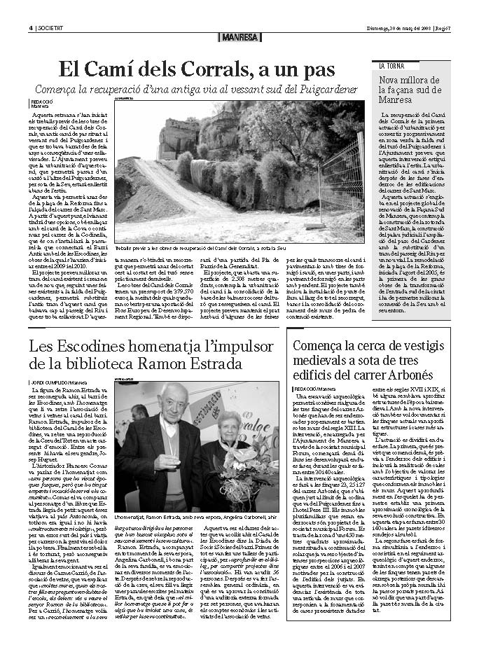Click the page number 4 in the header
pyautogui.click(x=31, y=8)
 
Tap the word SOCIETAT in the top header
pyautogui.click(x=51, y=8)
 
